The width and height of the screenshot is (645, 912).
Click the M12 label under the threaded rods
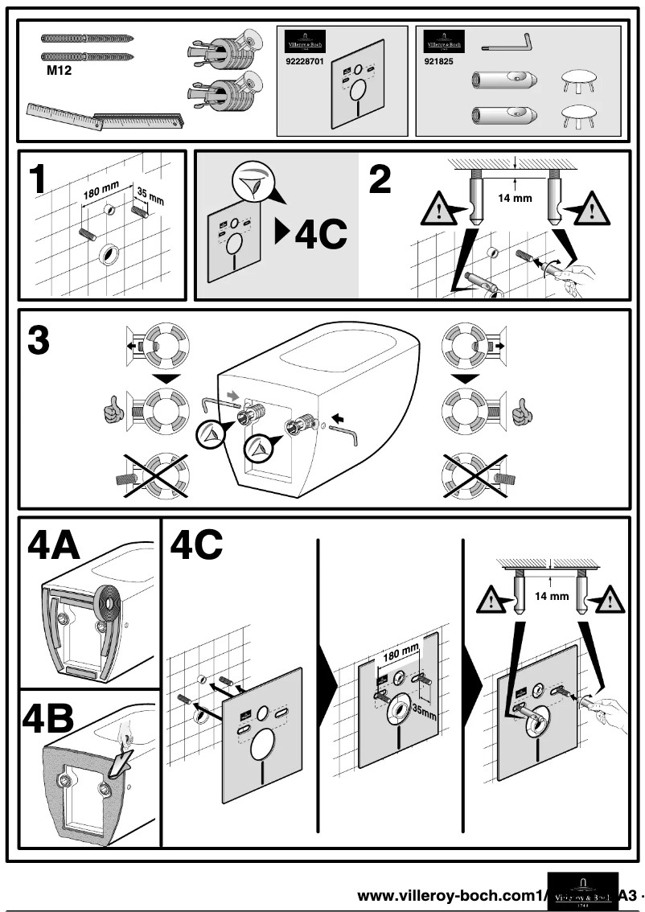pos(57,70)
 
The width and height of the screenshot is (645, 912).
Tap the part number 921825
pos(438,60)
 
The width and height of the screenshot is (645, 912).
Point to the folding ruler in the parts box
pos(105,117)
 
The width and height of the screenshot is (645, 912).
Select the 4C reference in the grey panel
pos(314,233)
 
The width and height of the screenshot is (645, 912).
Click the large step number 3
pos(39,340)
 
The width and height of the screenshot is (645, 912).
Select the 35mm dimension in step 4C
pos(425,710)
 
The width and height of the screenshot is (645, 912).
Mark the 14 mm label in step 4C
pos(552,597)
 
